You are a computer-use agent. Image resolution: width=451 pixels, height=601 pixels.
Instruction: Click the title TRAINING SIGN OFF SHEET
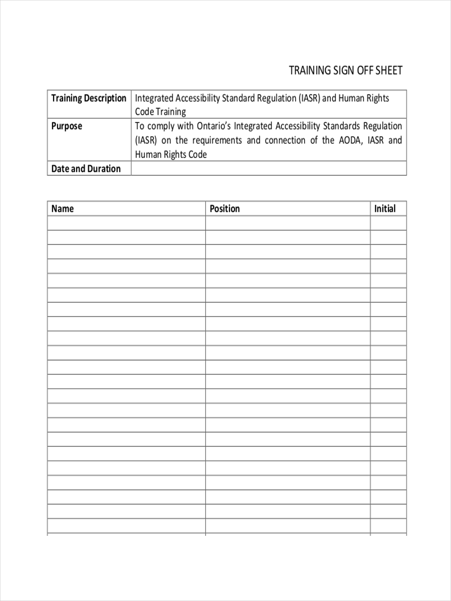[345, 71]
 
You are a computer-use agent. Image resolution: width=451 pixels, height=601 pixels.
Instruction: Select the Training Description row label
[89, 98]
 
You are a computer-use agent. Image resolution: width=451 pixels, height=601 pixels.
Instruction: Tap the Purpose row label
[67, 126]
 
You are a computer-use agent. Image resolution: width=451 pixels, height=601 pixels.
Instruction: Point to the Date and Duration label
[86, 169]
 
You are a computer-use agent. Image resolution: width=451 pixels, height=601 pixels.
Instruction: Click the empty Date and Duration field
[269, 169]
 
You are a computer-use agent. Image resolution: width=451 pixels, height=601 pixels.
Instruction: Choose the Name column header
[63, 209]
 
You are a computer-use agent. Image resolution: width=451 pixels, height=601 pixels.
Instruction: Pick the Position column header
[224, 209]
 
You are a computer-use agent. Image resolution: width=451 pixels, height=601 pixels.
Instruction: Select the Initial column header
[384, 209]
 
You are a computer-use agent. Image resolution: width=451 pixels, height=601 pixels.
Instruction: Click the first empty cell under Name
[126, 223]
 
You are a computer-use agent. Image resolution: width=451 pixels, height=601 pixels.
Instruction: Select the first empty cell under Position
[288, 223]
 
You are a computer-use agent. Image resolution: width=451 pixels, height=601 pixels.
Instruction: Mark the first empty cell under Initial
[388, 223]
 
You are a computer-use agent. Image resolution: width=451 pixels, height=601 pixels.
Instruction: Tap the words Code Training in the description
[160, 112]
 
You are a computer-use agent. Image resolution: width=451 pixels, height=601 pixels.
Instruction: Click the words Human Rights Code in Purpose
[171, 154]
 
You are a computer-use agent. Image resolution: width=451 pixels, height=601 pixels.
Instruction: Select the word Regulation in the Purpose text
[383, 126]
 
